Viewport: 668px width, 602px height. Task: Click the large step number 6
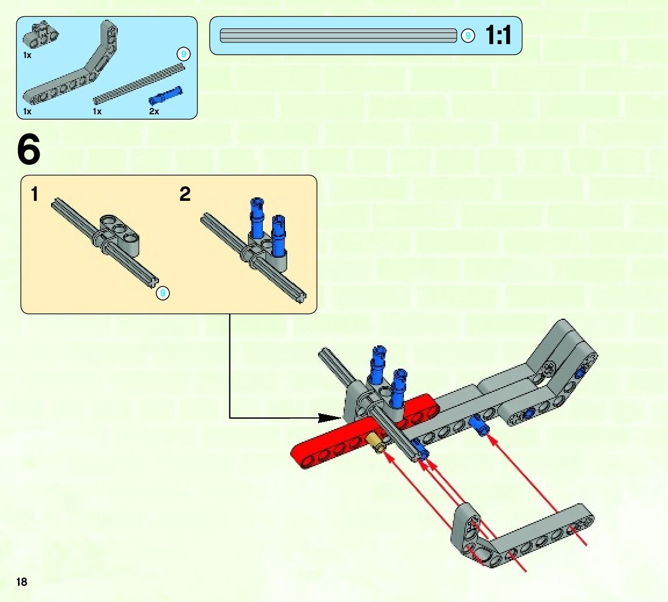click(x=29, y=150)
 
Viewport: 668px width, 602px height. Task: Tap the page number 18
click(x=22, y=582)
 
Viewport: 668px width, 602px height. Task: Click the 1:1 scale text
click(x=498, y=36)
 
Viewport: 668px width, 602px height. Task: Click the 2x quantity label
click(x=154, y=111)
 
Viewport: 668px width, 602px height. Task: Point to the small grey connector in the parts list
click(x=37, y=35)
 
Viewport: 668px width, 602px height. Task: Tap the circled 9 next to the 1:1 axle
click(x=468, y=36)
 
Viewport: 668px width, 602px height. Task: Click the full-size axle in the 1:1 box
click(x=338, y=36)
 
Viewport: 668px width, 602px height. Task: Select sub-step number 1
click(x=35, y=194)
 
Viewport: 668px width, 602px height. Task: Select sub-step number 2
click(x=185, y=194)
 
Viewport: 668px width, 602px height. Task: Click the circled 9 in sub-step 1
click(x=163, y=294)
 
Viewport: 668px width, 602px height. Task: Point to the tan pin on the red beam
click(x=378, y=446)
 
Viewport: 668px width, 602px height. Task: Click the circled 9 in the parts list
click(x=183, y=55)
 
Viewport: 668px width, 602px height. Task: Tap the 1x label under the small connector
click(x=27, y=55)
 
